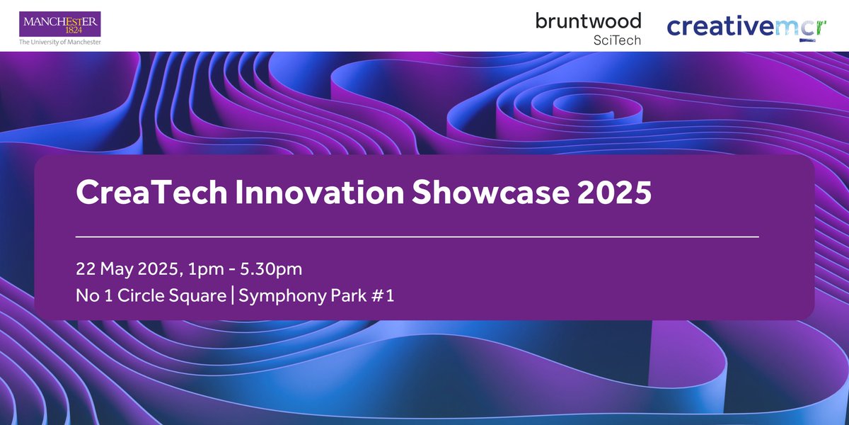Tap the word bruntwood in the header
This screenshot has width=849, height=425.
pos(588,21)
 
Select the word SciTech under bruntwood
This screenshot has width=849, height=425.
pos(617,40)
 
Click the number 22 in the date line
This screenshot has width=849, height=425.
pos(86,270)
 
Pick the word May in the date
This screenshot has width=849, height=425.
pos(117,271)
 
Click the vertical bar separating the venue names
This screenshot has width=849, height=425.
pos(232,296)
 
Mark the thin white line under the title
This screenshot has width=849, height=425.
pos(417,236)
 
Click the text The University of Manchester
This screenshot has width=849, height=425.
pos(60,42)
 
